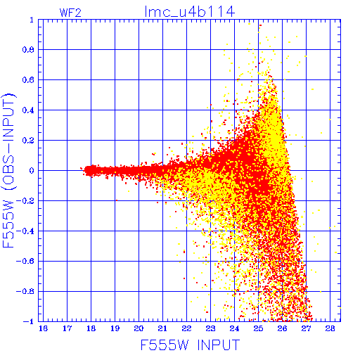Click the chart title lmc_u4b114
pyautogui.click(x=190, y=12)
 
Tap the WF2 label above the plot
pyautogui.click(x=70, y=13)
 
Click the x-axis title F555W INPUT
pyautogui.click(x=190, y=345)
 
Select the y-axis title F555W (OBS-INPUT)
pyautogui.click(x=8, y=171)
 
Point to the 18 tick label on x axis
pyautogui.click(x=91, y=328)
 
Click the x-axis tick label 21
pyautogui.click(x=162, y=328)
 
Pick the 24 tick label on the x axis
pyautogui.click(x=234, y=328)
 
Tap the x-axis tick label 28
pyautogui.click(x=330, y=328)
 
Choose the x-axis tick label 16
pyautogui.click(x=43, y=328)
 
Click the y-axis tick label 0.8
pyautogui.click(x=28, y=50)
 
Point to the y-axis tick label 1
pyautogui.click(x=32, y=20)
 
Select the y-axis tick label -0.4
pyautogui.click(x=25, y=231)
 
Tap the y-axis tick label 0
pyautogui.click(x=32, y=171)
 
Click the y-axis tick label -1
pyautogui.click(x=29, y=321)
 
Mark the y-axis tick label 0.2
pyautogui.click(x=28, y=141)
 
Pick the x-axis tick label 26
pyautogui.click(x=282, y=328)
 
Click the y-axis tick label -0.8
pyautogui.click(x=25, y=292)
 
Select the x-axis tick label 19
pyautogui.click(x=115, y=328)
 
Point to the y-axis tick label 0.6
pyautogui.click(x=28, y=80)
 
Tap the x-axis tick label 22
pyautogui.click(x=186, y=328)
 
